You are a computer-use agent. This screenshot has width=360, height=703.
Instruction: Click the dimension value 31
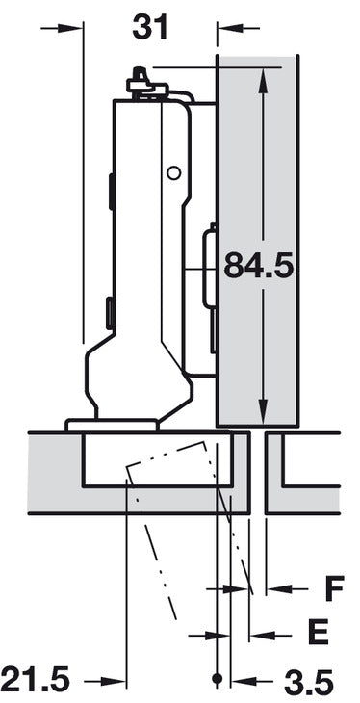tap(150, 27)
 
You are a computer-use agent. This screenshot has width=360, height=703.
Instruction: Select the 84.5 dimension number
tap(259, 266)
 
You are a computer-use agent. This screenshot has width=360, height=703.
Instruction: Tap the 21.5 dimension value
tap(35, 680)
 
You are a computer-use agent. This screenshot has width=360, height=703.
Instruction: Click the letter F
tap(334, 588)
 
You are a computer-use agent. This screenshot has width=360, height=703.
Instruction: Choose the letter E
tap(319, 632)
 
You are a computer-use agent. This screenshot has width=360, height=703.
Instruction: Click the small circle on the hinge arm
tap(173, 172)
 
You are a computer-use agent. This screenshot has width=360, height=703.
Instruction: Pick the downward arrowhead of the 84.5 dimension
tap(263, 410)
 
